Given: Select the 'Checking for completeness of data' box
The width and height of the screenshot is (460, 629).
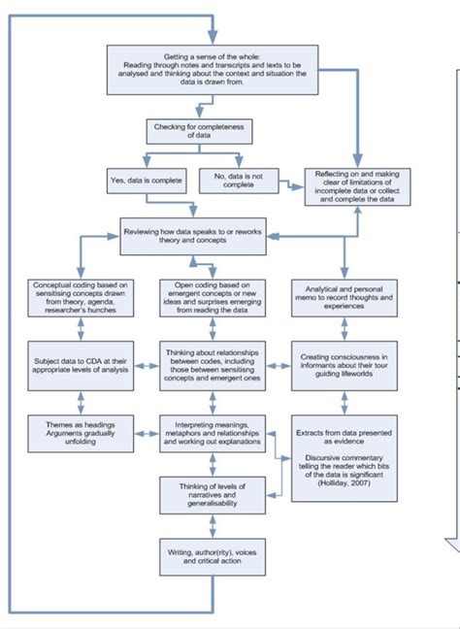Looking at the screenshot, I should (x=190, y=132).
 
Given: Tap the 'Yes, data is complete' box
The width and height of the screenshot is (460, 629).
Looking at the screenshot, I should (x=146, y=180).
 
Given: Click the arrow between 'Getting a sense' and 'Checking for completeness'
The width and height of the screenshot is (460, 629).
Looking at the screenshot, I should (x=190, y=107).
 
